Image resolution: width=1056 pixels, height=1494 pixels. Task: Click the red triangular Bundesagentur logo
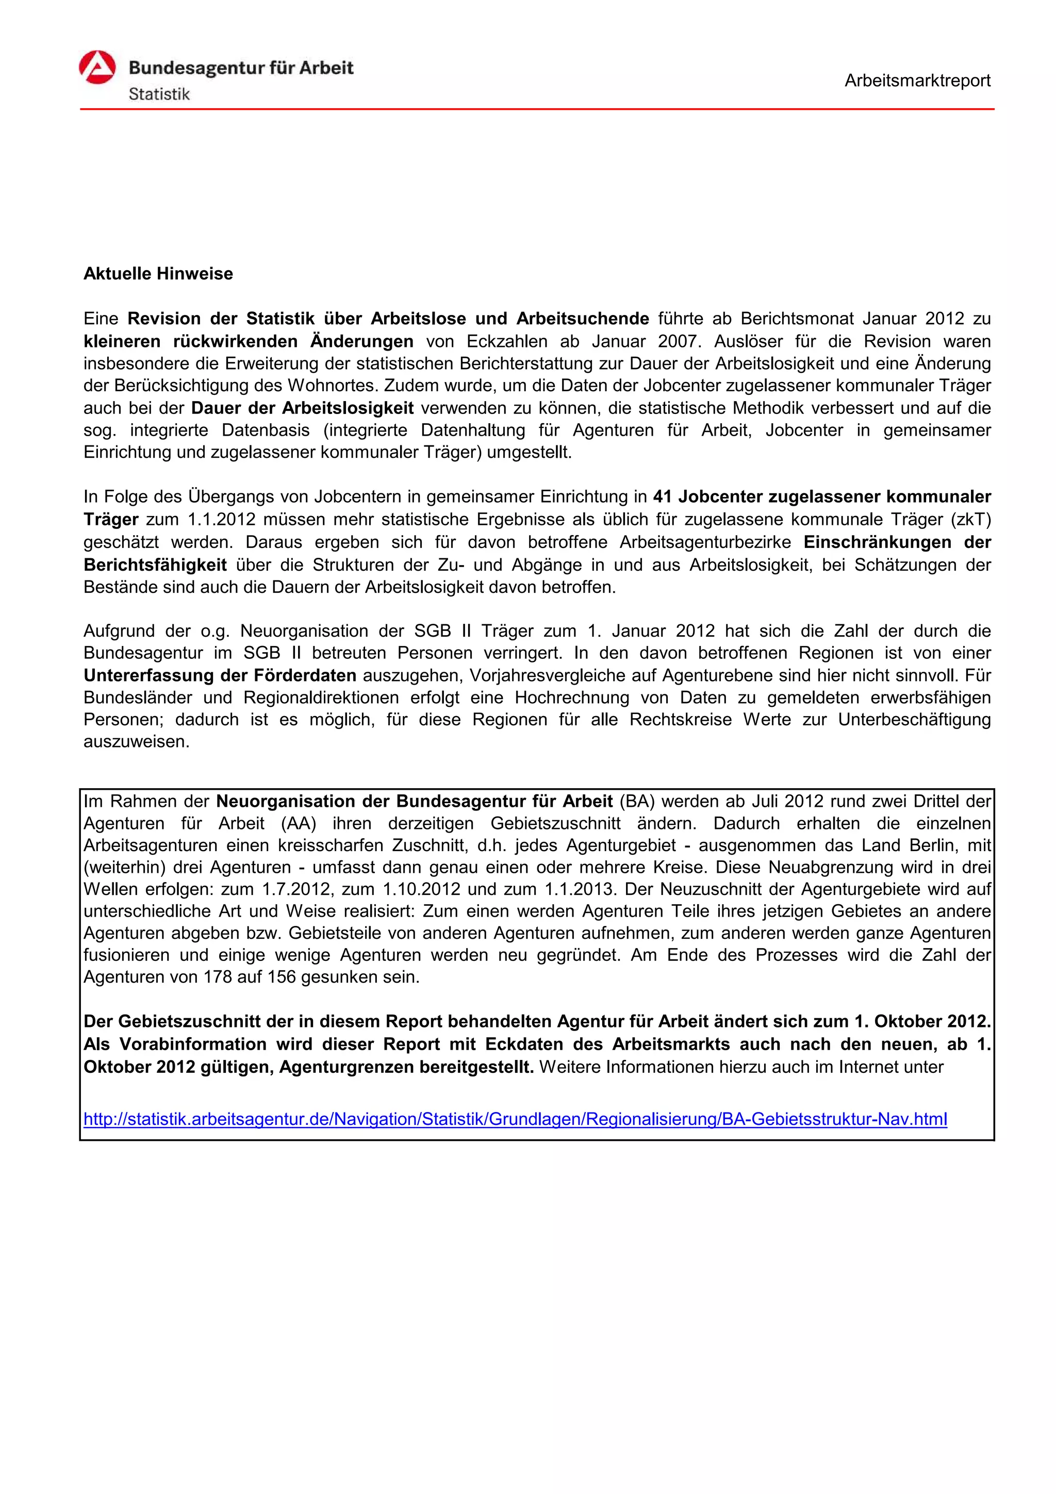(97, 68)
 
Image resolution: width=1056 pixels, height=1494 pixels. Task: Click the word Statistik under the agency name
(159, 94)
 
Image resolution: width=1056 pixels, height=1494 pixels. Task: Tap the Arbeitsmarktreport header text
(917, 81)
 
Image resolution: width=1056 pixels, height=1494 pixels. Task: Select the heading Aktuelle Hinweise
(158, 273)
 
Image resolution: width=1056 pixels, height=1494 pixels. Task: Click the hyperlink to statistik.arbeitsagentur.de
(515, 1119)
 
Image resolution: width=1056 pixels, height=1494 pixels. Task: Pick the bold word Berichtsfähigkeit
(155, 565)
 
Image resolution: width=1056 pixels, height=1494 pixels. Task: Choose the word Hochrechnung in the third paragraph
(572, 698)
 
